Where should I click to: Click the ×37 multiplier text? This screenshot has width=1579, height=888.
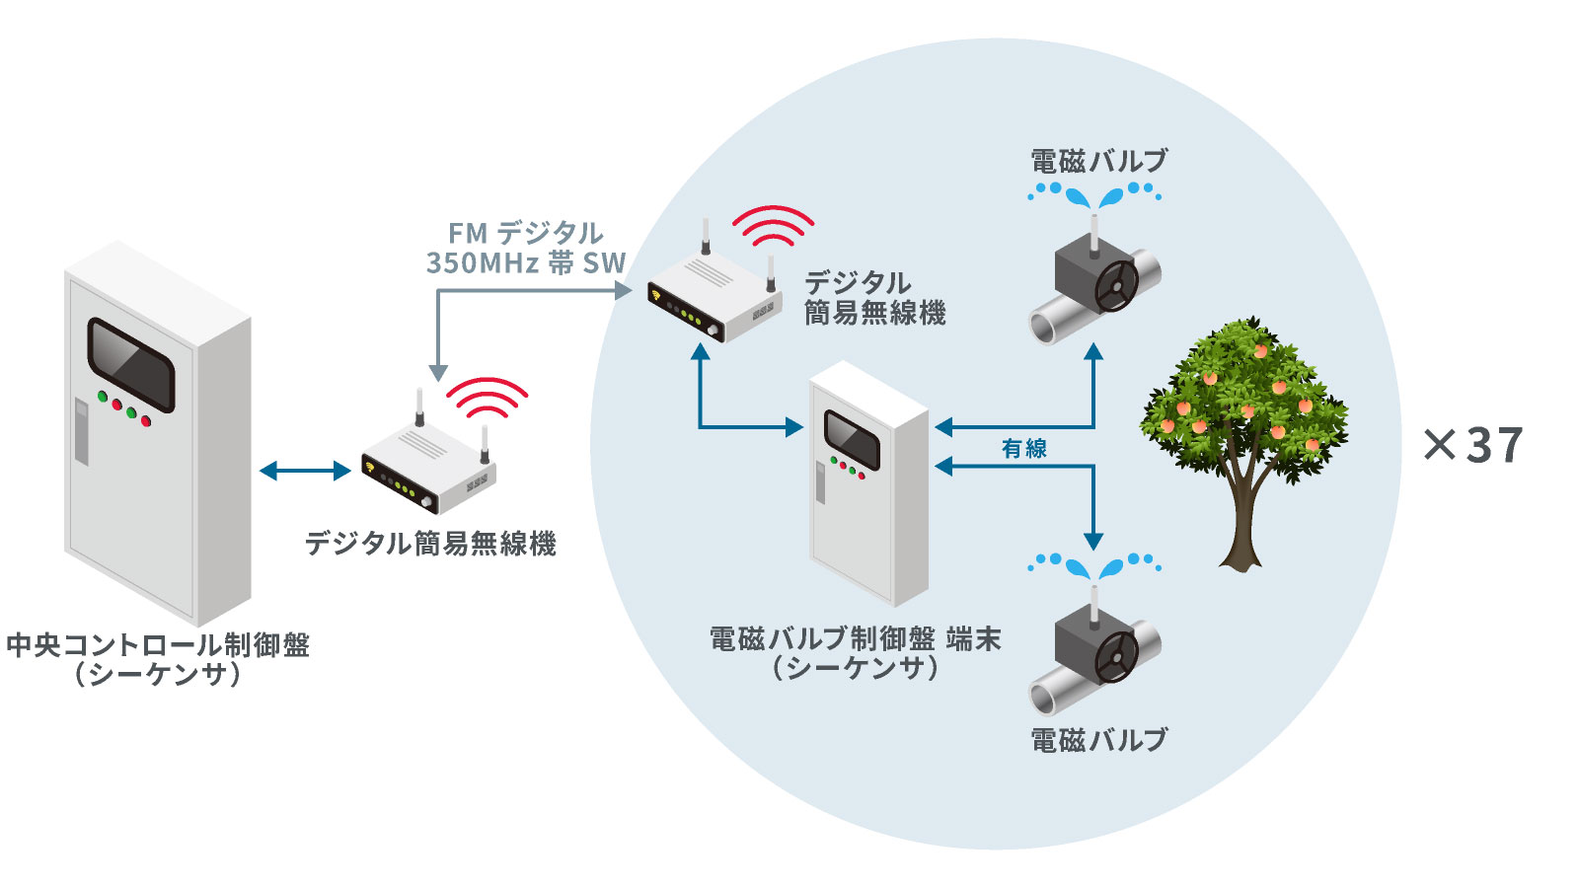click(1473, 445)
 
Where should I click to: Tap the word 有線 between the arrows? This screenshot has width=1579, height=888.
click(1023, 449)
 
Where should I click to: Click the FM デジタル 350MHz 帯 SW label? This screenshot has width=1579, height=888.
click(525, 248)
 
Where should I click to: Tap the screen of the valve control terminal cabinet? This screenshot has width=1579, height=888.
click(852, 439)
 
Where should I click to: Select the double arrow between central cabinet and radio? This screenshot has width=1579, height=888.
click(305, 471)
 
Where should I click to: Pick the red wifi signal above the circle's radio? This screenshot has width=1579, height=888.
click(773, 226)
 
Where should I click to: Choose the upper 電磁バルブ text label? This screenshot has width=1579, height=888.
click(1098, 161)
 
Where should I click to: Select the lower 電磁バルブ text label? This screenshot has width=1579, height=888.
click(1098, 739)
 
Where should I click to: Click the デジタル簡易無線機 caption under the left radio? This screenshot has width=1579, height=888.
click(430, 543)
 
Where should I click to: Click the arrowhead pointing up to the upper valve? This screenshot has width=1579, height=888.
click(1093, 351)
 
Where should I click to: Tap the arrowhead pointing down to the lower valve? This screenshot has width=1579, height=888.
click(1093, 541)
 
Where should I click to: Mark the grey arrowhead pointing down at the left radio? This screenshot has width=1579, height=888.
click(438, 372)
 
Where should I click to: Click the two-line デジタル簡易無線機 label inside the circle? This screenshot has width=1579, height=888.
click(874, 298)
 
